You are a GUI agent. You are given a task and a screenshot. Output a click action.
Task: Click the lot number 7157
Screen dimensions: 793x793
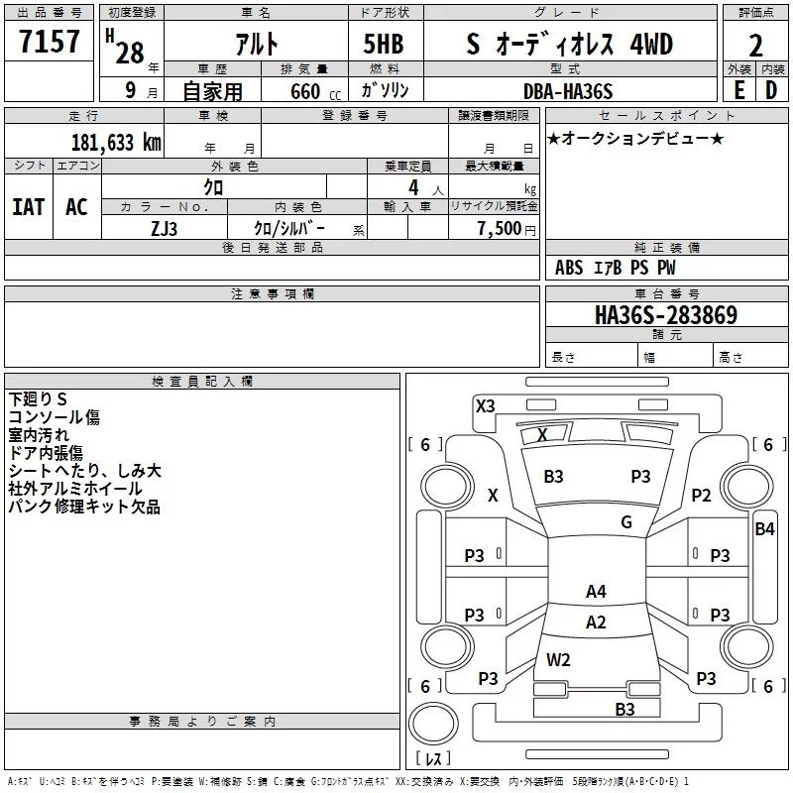click(50, 43)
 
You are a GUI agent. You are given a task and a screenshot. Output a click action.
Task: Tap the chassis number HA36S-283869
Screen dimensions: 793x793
click(665, 315)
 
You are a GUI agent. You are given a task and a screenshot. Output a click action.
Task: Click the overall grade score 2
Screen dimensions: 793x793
click(755, 45)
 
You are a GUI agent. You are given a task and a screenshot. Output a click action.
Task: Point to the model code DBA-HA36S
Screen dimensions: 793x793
click(568, 91)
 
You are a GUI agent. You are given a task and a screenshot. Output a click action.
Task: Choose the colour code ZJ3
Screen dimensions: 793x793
click(165, 227)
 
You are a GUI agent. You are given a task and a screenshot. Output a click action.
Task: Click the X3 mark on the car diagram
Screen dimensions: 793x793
click(486, 405)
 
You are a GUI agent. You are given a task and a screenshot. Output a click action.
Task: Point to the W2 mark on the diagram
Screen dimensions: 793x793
click(558, 659)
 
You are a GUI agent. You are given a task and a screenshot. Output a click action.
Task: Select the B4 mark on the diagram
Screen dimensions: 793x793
click(764, 529)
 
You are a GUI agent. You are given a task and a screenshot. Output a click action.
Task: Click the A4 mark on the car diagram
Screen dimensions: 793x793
click(596, 592)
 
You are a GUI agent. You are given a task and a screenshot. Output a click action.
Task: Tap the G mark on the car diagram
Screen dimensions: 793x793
click(626, 522)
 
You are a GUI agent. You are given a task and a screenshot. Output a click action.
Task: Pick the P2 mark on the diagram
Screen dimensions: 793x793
click(702, 496)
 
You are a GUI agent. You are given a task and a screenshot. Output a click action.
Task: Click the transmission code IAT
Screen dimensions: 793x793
click(28, 207)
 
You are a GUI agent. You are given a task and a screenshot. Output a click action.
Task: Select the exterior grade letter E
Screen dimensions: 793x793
click(737, 91)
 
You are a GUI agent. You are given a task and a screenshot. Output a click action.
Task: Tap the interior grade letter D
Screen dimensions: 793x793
click(771, 91)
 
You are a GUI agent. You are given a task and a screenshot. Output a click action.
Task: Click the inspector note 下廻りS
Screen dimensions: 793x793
click(38, 399)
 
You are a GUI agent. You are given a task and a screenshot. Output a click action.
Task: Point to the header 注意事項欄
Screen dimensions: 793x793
click(272, 294)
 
